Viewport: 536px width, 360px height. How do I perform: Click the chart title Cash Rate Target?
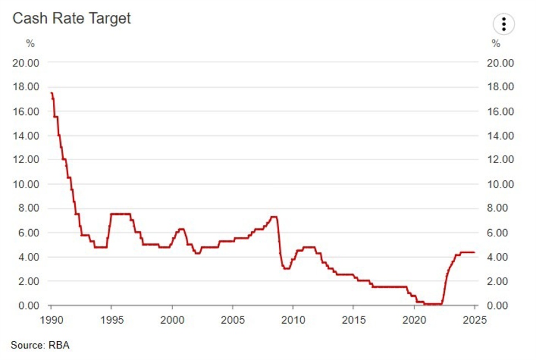click(x=71, y=18)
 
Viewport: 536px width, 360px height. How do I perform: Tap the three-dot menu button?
click(x=504, y=24)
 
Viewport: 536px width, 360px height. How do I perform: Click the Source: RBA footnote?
click(x=40, y=345)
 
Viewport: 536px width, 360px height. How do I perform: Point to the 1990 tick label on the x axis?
click(x=51, y=320)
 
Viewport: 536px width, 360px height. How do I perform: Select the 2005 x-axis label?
click(x=233, y=320)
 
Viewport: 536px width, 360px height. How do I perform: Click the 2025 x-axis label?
click(x=475, y=320)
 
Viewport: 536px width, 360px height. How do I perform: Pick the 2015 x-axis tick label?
click(x=354, y=320)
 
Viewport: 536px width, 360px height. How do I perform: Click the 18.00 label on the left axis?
click(x=26, y=87)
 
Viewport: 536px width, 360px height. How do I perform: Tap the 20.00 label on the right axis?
click(x=500, y=63)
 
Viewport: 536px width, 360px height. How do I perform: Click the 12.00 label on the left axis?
click(x=26, y=160)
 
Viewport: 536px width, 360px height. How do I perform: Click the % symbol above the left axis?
click(x=31, y=43)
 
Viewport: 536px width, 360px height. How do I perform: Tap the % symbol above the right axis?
click(x=496, y=43)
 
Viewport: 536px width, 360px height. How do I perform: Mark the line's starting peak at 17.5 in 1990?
click(x=51, y=93)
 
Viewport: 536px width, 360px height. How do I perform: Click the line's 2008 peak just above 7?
click(x=274, y=217)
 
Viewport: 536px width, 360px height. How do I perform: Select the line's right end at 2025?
click(x=474, y=252)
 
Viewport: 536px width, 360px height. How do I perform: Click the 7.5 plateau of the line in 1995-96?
click(x=121, y=214)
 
